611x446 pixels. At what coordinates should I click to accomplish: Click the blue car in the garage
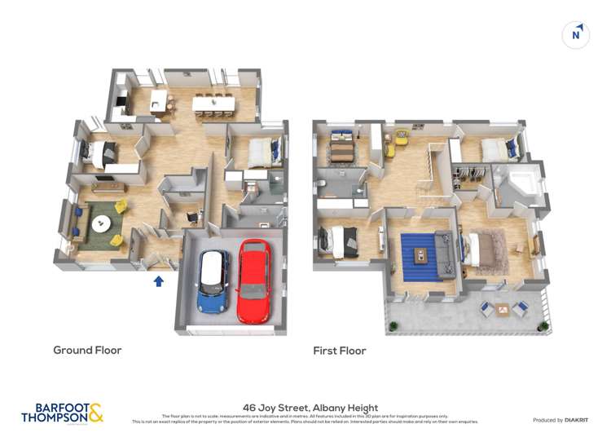click(213, 281)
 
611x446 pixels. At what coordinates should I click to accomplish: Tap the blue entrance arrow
click(159, 281)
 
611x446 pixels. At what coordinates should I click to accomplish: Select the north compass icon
click(576, 34)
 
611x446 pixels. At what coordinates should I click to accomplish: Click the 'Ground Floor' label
click(87, 351)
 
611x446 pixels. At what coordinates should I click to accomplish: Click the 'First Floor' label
click(340, 351)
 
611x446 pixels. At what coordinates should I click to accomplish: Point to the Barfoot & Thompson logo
click(63, 413)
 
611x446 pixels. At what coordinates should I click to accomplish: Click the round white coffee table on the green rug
click(101, 221)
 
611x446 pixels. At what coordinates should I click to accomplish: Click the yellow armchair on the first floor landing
click(402, 137)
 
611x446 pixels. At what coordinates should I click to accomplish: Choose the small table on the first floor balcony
click(501, 309)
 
